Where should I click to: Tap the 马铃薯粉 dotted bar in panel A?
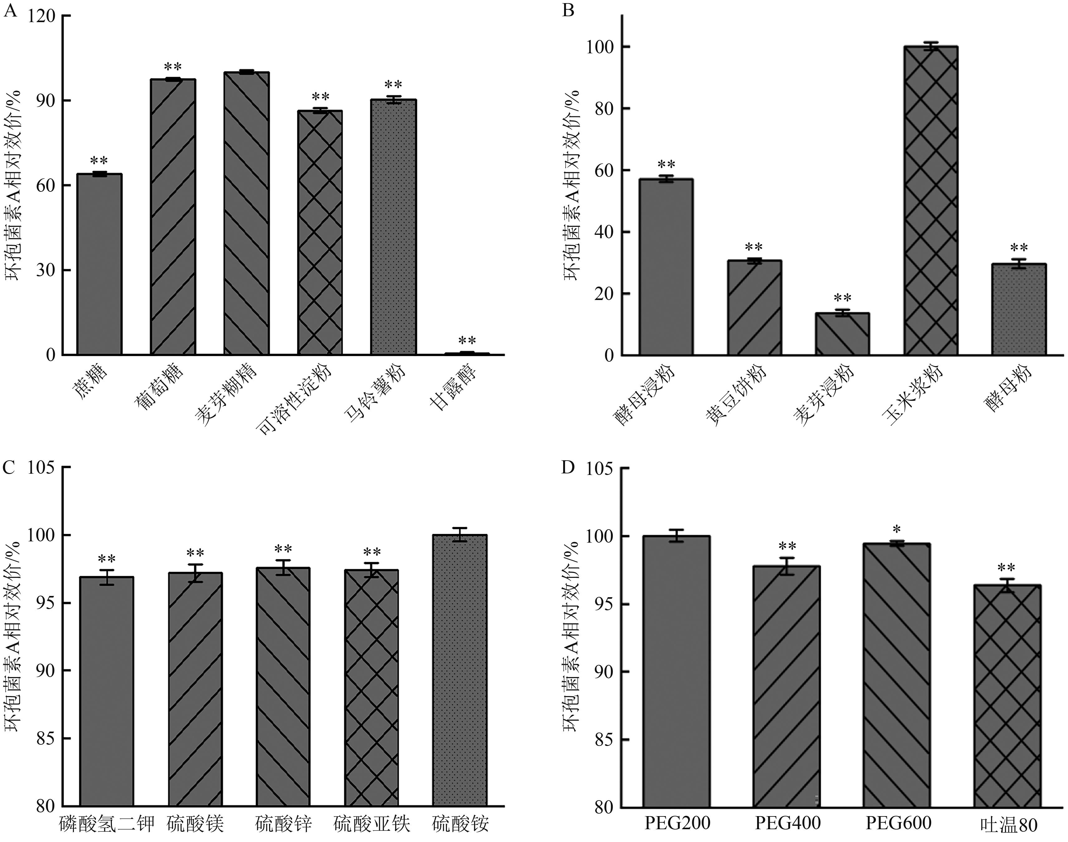point(393,227)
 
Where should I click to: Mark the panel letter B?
point(568,10)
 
